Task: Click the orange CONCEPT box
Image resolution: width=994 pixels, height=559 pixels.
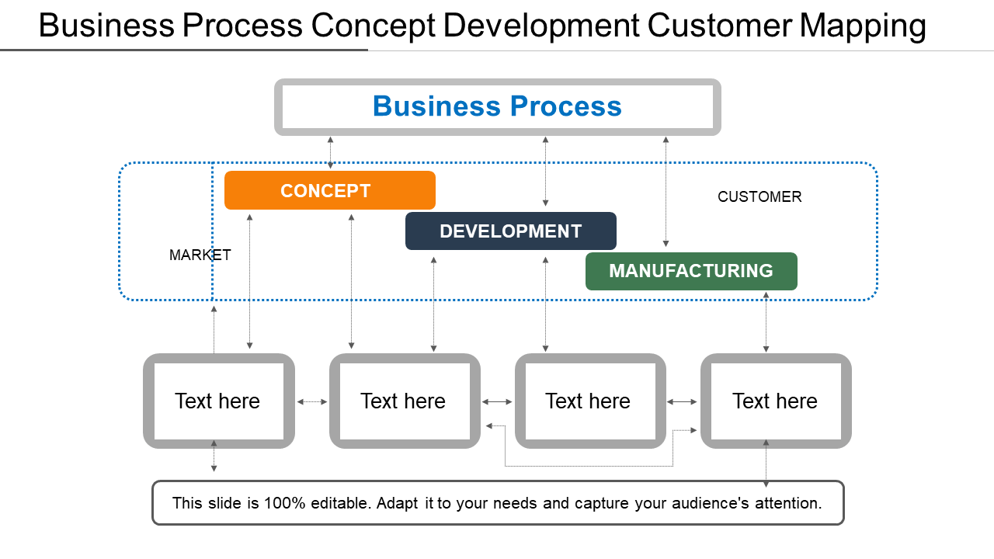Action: click(330, 190)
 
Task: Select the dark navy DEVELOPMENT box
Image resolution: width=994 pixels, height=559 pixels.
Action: click(511, 231)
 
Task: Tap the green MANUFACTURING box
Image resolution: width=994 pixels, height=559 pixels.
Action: click(691, 271)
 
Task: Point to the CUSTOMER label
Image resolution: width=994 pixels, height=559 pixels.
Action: click(759, 196)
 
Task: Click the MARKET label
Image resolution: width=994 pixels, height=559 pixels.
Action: click(200, 255)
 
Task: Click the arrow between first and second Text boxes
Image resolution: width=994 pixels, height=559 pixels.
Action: click(312, 402)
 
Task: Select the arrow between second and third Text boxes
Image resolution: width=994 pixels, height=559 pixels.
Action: click(497, 402)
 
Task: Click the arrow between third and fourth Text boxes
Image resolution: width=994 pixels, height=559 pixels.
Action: click(682, 402)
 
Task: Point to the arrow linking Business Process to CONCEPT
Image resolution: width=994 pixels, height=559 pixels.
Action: click(330, 153)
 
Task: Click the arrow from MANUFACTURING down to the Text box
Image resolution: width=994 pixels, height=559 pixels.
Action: click(766, 322)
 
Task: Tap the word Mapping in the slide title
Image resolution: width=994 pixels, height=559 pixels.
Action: click(863, 26)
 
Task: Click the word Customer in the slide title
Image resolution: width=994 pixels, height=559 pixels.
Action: click(719, 25)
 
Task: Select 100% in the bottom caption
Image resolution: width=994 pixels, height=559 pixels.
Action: click(284, 503)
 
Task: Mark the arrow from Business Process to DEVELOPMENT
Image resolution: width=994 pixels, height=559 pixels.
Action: click(545, 172)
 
